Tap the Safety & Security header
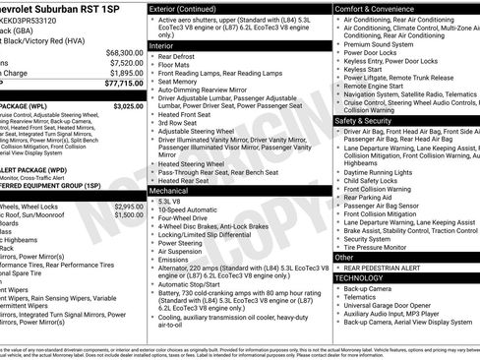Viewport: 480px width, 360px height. (366, 120)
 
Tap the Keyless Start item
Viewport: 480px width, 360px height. (363, 70)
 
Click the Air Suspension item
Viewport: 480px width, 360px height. (184, 251)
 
